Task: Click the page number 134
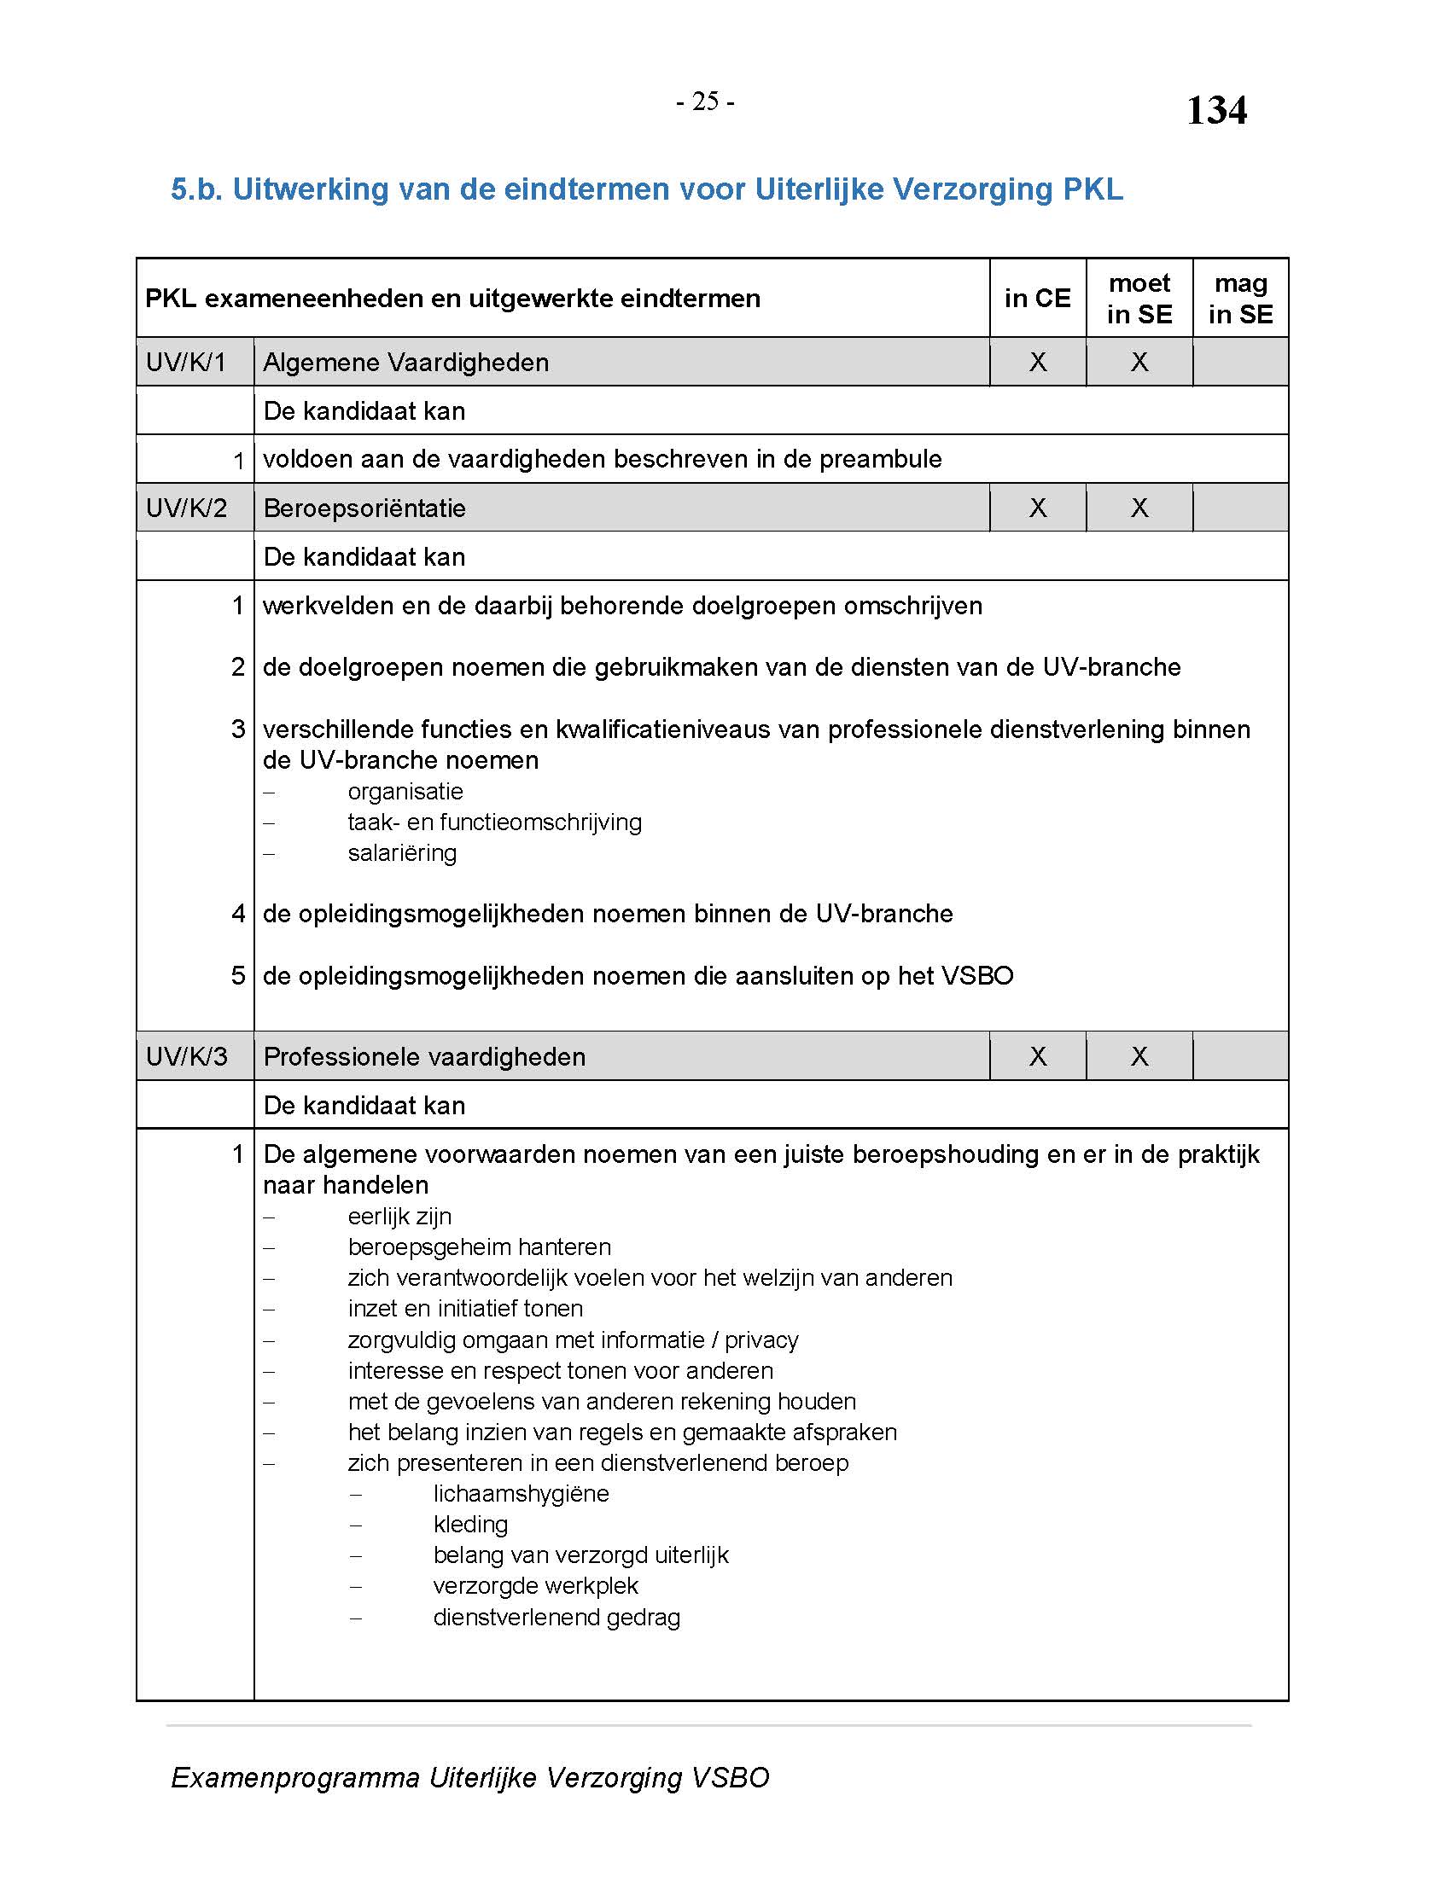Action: [1215, 110]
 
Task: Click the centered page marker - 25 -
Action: [705, 102]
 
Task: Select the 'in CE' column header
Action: [1037, 299]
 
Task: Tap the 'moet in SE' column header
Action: [1139, 299]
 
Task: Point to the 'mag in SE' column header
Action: [1239, 299]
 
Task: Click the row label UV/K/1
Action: [186, 362]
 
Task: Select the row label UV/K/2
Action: [187, 508]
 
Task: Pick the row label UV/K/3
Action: [187, 1056]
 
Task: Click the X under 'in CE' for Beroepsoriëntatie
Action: [1038, 508]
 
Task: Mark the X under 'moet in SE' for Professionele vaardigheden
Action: [1139, 1056]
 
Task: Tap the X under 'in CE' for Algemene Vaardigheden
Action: [1038, 362]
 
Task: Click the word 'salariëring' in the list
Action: [402, 853]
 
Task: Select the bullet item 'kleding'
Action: [470, 1525]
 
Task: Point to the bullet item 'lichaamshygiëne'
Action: [521, 1494]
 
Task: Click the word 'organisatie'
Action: [405, 792]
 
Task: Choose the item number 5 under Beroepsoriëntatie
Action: [238, 975]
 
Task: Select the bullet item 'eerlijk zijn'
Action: [399, 1216]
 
